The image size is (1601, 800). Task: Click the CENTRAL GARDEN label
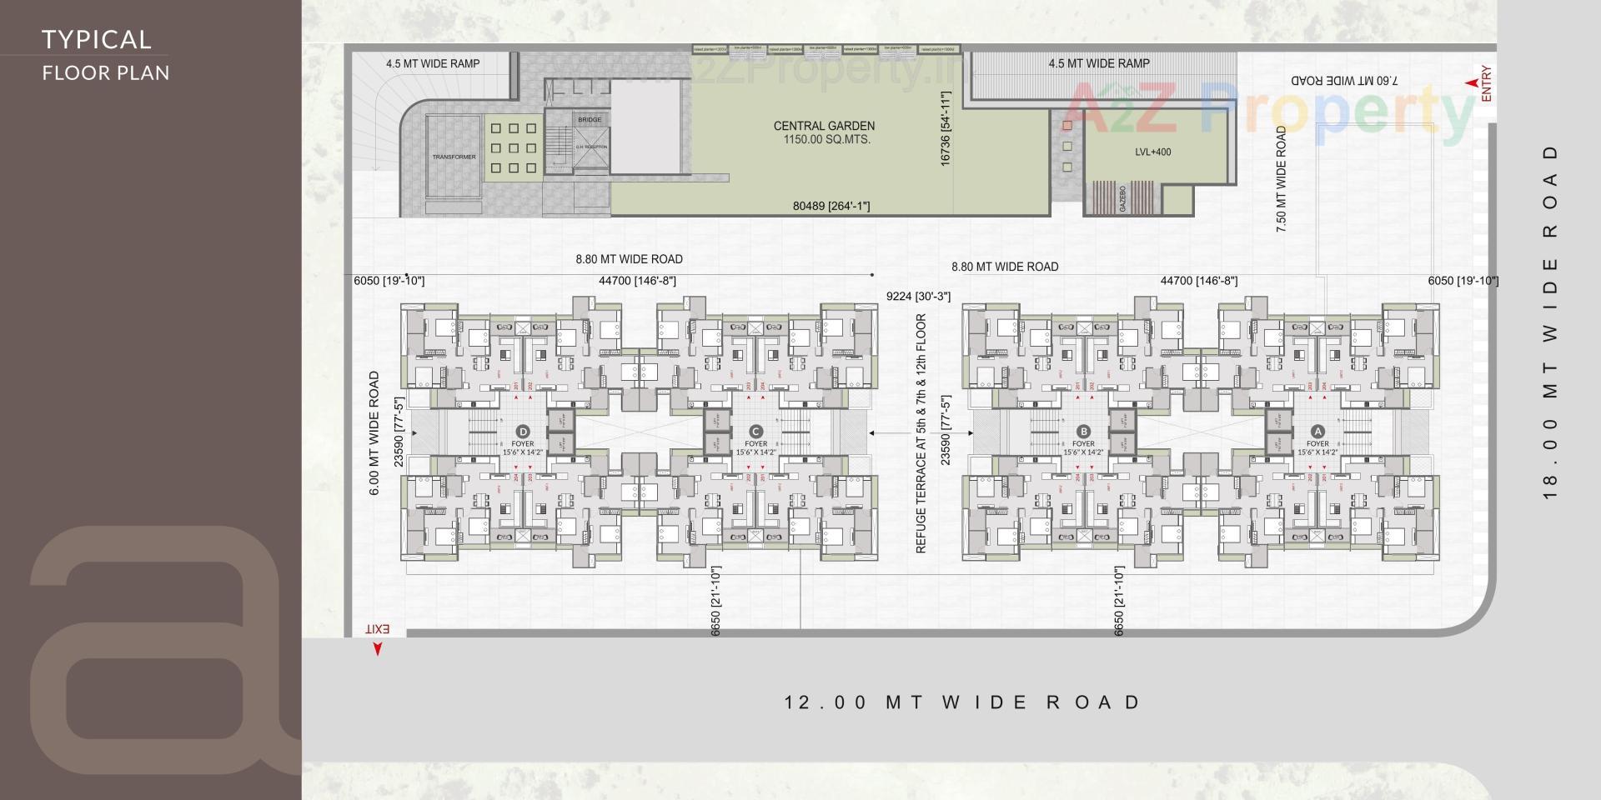pos(824,126)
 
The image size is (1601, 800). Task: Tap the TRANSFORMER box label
pos(454,157)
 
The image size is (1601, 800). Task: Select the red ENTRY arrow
pos(1472,83)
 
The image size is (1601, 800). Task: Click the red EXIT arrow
pos(377,648)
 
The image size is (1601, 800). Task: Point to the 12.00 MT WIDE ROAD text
pos(962,702)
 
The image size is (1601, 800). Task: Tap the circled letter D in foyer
pos(523,431)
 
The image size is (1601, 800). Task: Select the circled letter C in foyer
pos(755,431)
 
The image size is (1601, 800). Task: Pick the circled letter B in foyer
pos(1083,431)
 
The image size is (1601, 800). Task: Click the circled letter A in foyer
pos(1317,431)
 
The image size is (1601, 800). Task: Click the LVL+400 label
pos(1152,152)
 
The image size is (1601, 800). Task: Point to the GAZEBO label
pos(1122,198)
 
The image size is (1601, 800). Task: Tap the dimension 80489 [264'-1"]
pos(831,206)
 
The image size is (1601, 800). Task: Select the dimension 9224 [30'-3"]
pos(918,296)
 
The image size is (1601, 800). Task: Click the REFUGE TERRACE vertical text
pos(921,433)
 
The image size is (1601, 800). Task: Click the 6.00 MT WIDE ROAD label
pos(374,433)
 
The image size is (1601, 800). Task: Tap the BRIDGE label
pos(589,120)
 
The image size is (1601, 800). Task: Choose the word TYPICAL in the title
pos(97,39)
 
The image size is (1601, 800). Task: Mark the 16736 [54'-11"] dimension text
pos(946,129)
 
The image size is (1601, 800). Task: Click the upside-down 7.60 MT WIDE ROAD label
pos(1344,81)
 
